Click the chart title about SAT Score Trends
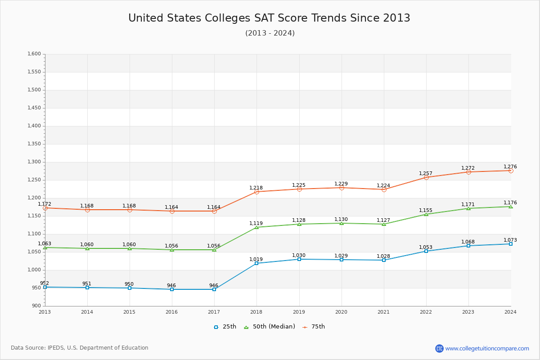tap(269, 18)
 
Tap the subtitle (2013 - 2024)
tap(270, 33)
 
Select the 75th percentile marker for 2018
tap(256, 192)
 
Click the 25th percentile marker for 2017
tap(214, 289)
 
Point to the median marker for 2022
tap(426, 214)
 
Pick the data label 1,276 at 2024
tap(510, 166)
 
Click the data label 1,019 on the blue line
tap(256, 259)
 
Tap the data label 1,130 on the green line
tap(341, 220)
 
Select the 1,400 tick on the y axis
tap(34, 126)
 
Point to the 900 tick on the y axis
tap(36, 306)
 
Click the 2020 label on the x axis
tap(341, 312)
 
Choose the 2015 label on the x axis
tap(130, 312)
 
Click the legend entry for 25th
tap(225, 327)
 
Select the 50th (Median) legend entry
tap(269, 327)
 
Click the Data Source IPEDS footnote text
tap(80, 348)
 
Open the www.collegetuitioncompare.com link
tap(487, 348)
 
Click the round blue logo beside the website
tap(439, 348)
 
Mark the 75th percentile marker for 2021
tap(384, 189)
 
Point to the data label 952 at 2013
tap(44, 283)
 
